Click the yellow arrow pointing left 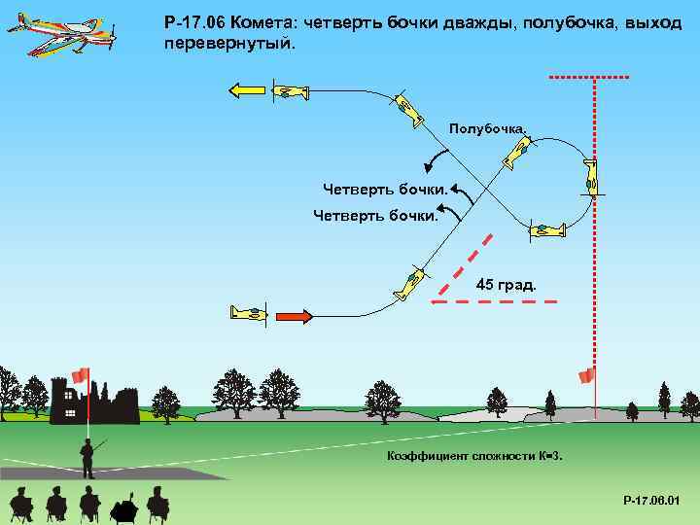(x=247, y=90)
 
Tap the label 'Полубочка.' (x=488, y=128)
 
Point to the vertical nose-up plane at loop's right (x=591, y=176)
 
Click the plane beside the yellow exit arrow (x=289, y=92)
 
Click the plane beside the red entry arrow (x=249, y=312)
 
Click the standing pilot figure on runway (x=87, y=458)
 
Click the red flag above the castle (x=80, y=375)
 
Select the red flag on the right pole (x=586, y=375)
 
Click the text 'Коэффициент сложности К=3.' (x=474, y=456)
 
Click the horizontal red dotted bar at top (x=588, y=76)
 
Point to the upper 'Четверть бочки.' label (x=386, y=188)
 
